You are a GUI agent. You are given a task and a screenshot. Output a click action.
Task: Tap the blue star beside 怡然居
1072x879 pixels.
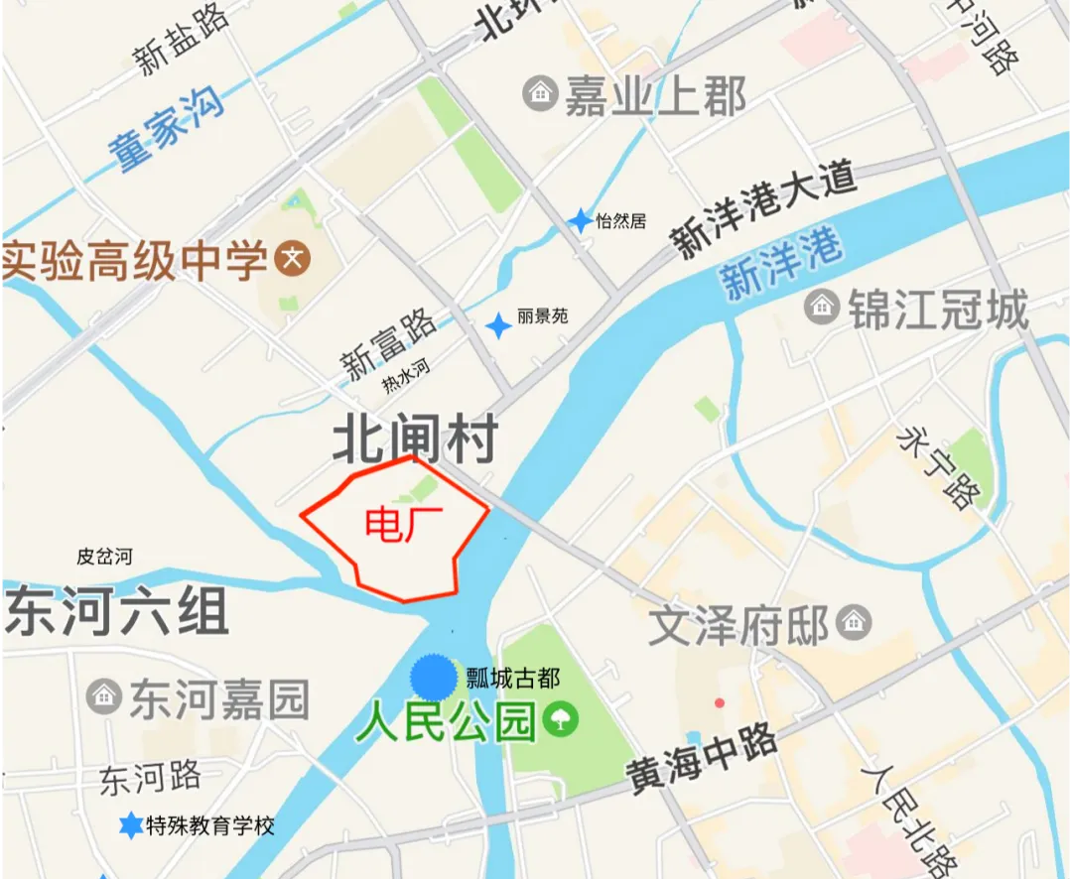[580, 221]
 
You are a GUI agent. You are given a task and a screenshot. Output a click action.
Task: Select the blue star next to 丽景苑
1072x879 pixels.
[498, 324]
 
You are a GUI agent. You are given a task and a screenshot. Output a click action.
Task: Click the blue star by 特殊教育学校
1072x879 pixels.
[130, 824]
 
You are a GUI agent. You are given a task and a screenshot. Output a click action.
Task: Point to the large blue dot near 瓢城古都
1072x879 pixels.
[434, 678]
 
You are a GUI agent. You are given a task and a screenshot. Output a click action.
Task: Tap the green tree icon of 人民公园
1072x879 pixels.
[561, 720]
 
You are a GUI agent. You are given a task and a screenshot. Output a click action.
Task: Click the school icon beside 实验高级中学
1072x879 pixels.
[293, 260]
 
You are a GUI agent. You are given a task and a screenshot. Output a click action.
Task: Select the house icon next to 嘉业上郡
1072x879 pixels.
[540, 94]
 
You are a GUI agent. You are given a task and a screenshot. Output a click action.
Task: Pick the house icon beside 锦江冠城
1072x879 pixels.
[822, 307]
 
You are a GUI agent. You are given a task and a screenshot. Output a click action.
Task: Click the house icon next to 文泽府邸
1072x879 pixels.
[853, 623]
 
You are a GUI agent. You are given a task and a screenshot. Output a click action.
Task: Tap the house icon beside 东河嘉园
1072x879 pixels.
[103, 695]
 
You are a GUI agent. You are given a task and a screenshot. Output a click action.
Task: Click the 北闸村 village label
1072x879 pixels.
[414, 439]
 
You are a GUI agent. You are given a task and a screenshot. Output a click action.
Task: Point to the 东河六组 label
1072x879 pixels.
[117, 610]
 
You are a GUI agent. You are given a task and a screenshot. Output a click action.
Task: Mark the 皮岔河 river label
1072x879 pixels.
[104, 557]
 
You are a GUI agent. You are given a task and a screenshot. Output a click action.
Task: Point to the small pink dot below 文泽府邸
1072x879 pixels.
[720, 703]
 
